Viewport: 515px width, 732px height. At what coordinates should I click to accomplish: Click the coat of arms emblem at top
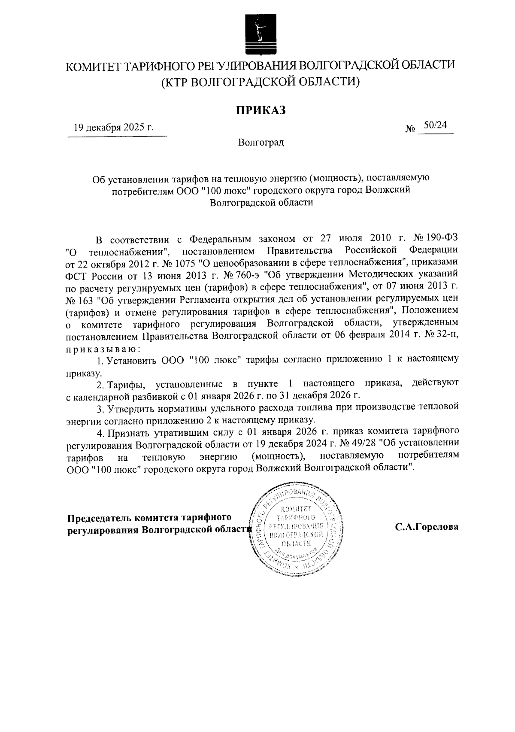(258, 34)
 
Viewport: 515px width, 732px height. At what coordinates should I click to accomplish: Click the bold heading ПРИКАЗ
(260, 110)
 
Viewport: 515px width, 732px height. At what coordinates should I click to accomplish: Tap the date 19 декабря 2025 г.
(114, 128)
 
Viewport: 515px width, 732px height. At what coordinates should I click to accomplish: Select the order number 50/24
(435, 125)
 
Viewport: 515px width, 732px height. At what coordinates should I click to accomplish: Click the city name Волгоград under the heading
(261, 142)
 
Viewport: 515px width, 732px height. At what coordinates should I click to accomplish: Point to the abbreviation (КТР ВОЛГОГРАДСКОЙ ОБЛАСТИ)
(260, 81)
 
